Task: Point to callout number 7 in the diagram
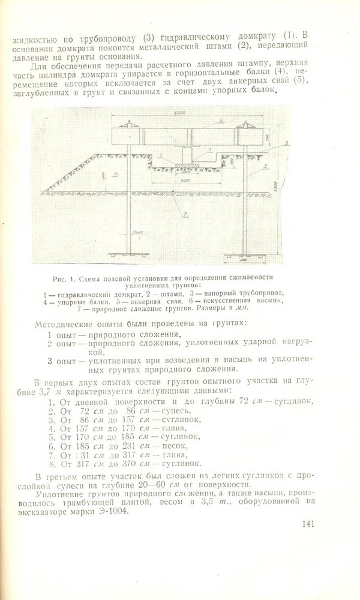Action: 186,214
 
